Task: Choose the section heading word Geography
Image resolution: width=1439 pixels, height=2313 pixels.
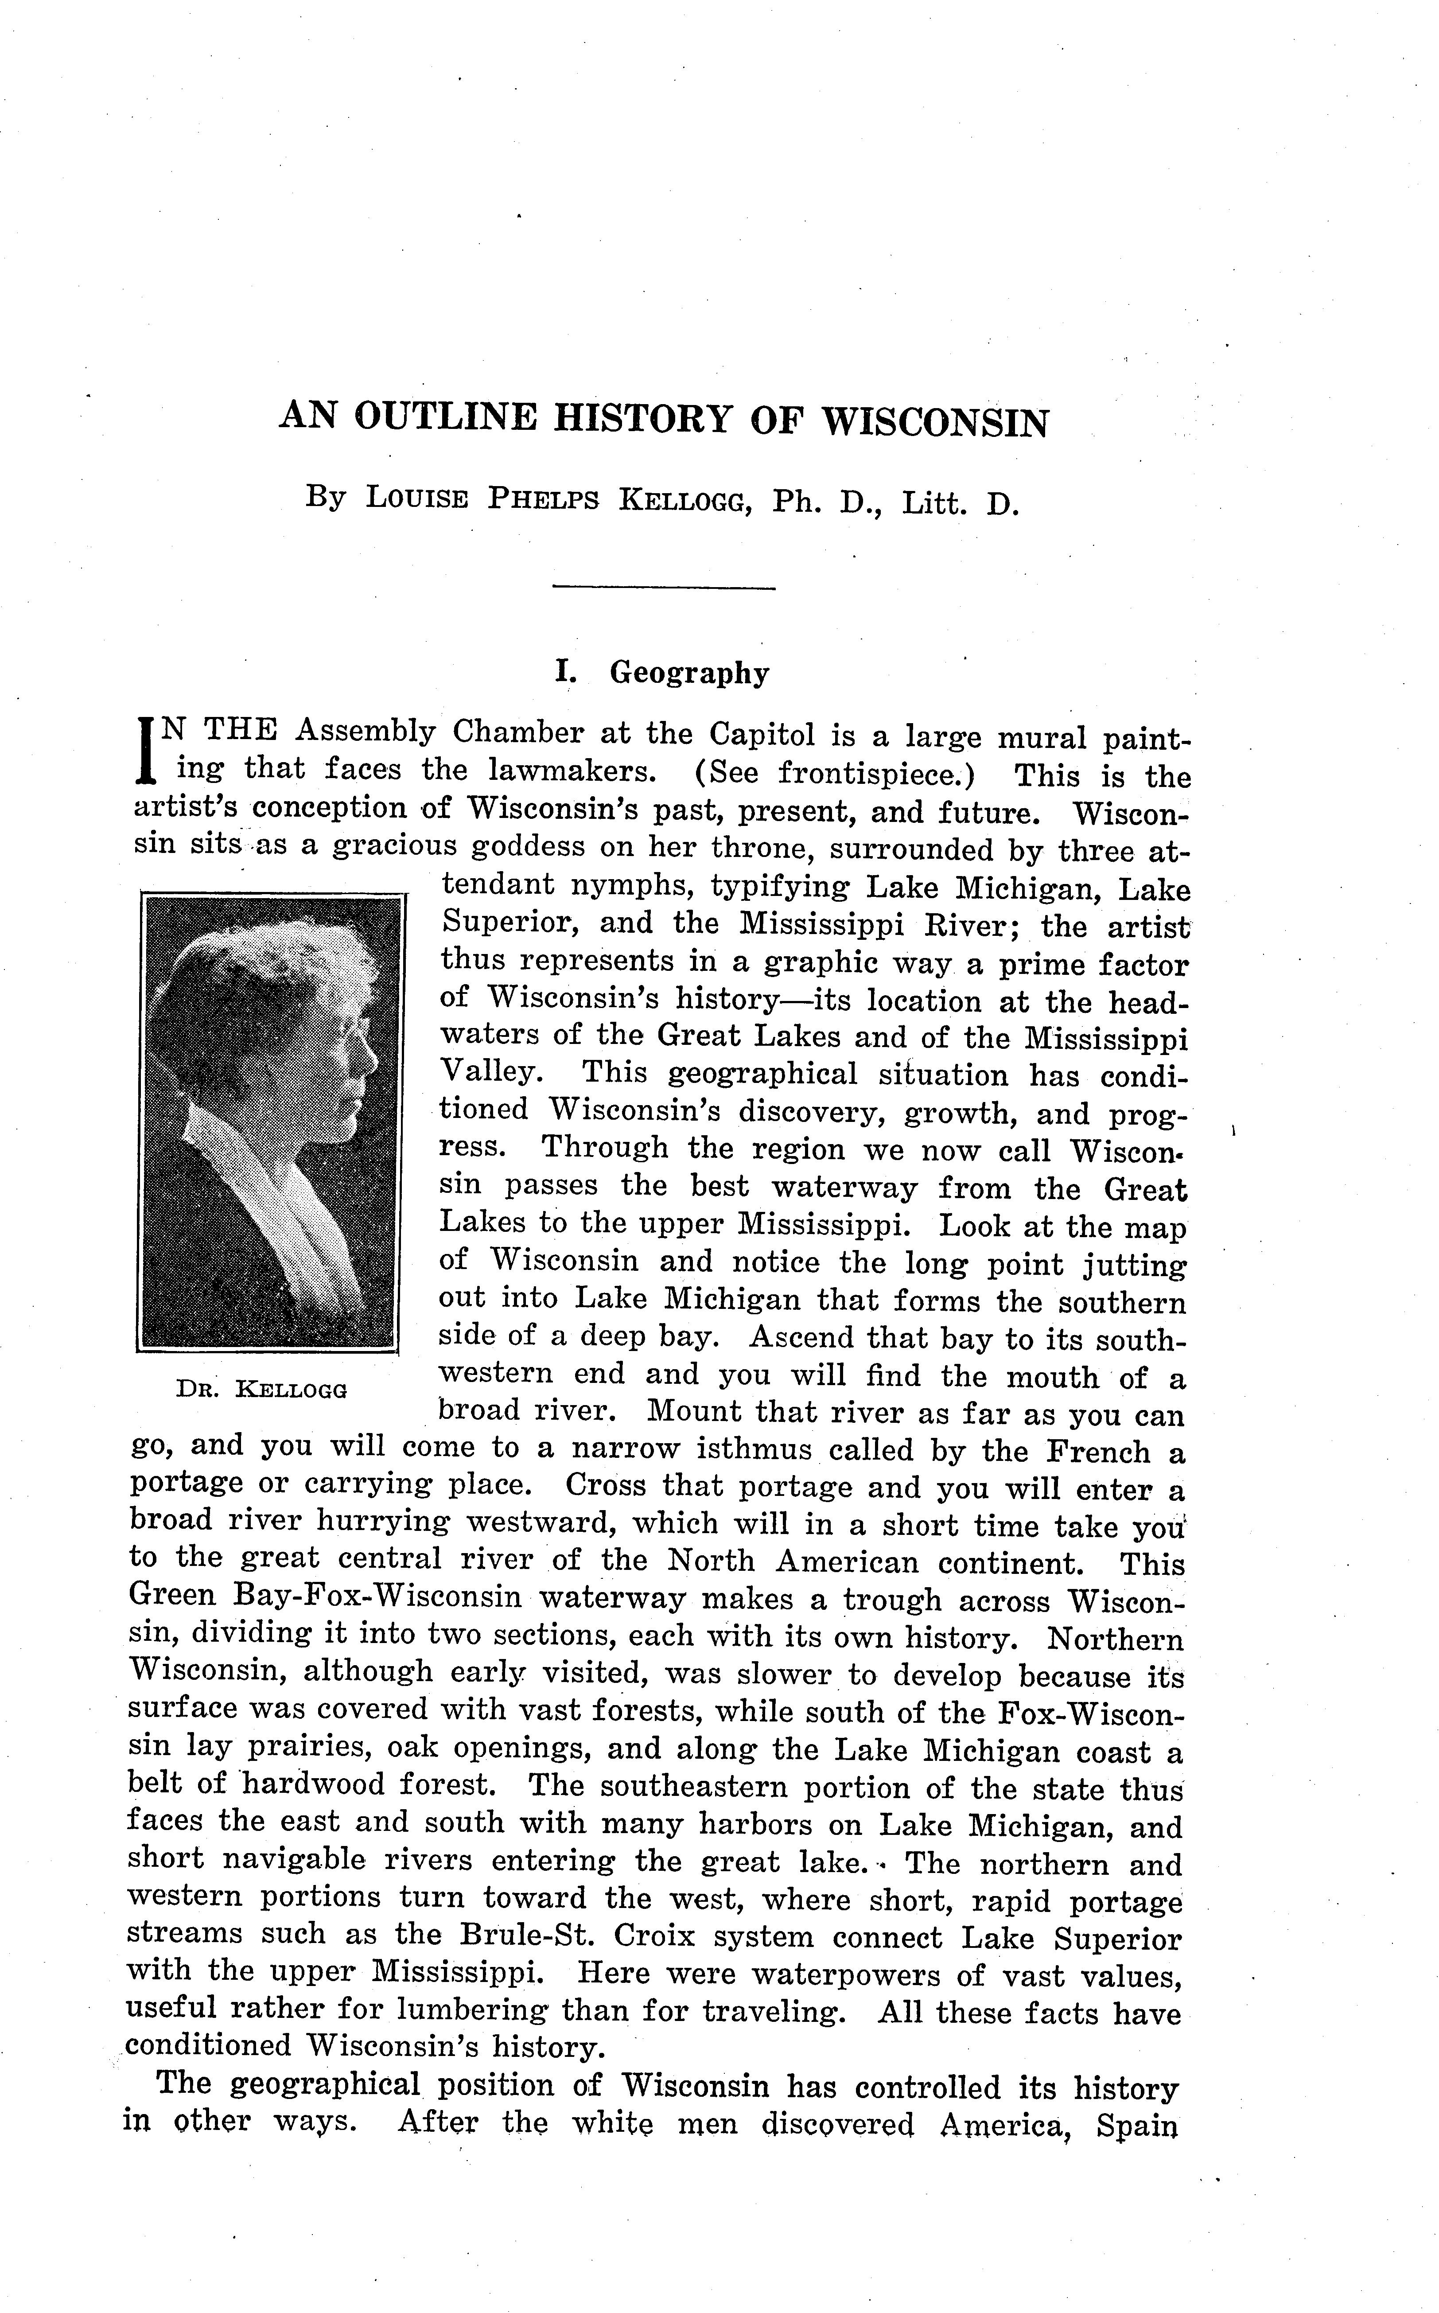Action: click(x=689, y=673)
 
